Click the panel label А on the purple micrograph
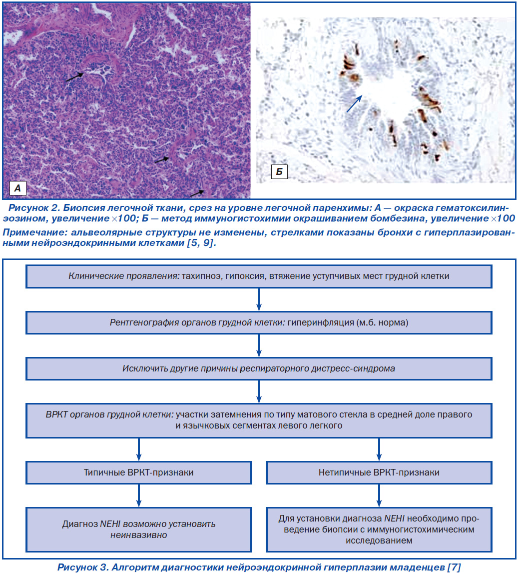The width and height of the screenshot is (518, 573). (x=17, y=188)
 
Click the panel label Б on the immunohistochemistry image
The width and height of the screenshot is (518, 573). (x=279, y=172)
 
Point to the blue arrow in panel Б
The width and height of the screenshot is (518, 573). (x=354, y=104)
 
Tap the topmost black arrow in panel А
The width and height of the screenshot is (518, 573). (x=74, y=77)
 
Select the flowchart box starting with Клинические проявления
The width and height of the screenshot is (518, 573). (x=259, y=276)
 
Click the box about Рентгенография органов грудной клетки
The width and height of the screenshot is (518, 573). (x=259, y=322)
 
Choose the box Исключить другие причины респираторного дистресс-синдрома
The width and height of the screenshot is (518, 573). (x=259, y=368)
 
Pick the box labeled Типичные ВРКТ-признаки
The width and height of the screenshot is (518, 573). (x=139, y=472)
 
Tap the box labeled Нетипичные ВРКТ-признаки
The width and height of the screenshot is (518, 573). (x=379, y=472)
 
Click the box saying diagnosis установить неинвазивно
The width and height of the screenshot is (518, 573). (x=139, y=529)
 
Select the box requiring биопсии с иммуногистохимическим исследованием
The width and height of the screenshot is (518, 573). (x=379, y=529)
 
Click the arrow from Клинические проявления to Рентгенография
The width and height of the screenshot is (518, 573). (x=259, y=299)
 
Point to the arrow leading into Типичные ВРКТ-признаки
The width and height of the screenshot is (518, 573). (x=139, y=449)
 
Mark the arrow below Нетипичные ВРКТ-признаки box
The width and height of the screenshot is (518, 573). (x=379, y=495)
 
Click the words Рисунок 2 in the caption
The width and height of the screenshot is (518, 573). (x=33, y=208)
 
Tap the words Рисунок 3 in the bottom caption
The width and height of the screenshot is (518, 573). (x=82, y=567)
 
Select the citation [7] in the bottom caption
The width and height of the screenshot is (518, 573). (x=454, y=567)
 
